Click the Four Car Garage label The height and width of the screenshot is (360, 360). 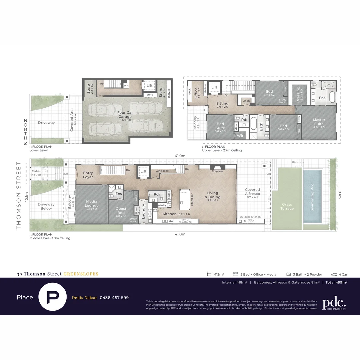point(125,115)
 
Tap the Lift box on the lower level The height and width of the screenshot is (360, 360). point(149,86)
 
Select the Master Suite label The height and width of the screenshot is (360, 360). point(319,122)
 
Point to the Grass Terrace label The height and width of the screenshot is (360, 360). point(287,206)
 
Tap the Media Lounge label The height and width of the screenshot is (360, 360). point(92,203)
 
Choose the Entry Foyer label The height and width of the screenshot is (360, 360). point(88,175)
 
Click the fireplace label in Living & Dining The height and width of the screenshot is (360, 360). point(217,171)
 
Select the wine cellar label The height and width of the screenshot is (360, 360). point(163,171)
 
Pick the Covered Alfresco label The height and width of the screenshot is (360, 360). point(252,192)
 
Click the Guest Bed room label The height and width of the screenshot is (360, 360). point(121,211)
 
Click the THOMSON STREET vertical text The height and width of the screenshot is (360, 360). point(19,195)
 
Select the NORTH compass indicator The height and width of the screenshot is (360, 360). point(25,132)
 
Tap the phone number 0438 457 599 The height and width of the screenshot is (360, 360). point(114,298)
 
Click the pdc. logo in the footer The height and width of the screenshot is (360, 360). point(334,303)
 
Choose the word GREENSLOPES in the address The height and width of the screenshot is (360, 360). point(81,274)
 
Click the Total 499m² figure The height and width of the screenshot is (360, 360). point(336,282)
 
